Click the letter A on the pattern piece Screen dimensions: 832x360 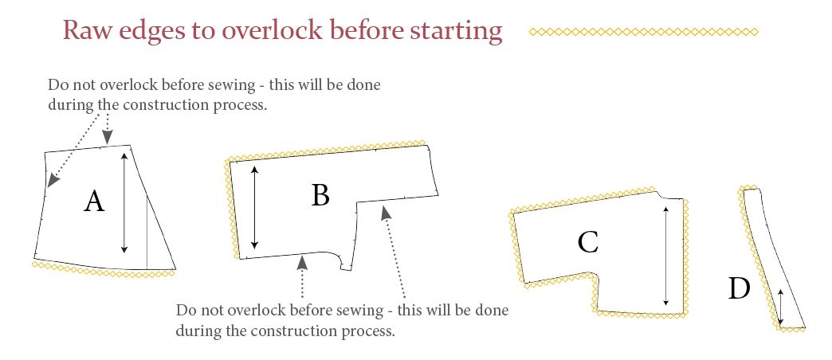pyautogui.click(x=94, y=202)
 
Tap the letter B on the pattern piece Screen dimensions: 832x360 pyautogui.click(x=320, y=195)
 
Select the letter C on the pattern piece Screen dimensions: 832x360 pyautogui.click(x=588, y=242)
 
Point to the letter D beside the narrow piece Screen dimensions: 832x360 pyautogui.click(x=739, y=289)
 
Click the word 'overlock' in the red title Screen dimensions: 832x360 pyautogui.click(x=272, y=31)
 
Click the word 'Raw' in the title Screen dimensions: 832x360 pyautogui.click(x=87, y=31)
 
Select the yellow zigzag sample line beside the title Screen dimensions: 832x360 pyautogui.click(x=644, y=32)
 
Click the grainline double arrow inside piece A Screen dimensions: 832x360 pyautogui.click(x=124, y=202)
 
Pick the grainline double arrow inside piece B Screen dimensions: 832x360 pyautogui.click(x=255, y=207)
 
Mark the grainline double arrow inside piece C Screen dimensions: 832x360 pyautogui.click(x=666, y=257)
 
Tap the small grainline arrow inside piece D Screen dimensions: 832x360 pyautogui.click(x=780, y=307)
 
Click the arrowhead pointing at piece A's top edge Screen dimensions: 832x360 pyautogui.click(x=108, y=138)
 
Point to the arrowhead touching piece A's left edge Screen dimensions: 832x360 pyautogui.click(x=52, y=181)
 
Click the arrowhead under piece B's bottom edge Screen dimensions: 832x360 pyautogui.click(x=302, y=261)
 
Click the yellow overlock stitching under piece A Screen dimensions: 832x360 pyautogui.click(x=104, y=269)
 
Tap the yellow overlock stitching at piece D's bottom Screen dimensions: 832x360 pyautogui.click(x=791, y=329)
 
